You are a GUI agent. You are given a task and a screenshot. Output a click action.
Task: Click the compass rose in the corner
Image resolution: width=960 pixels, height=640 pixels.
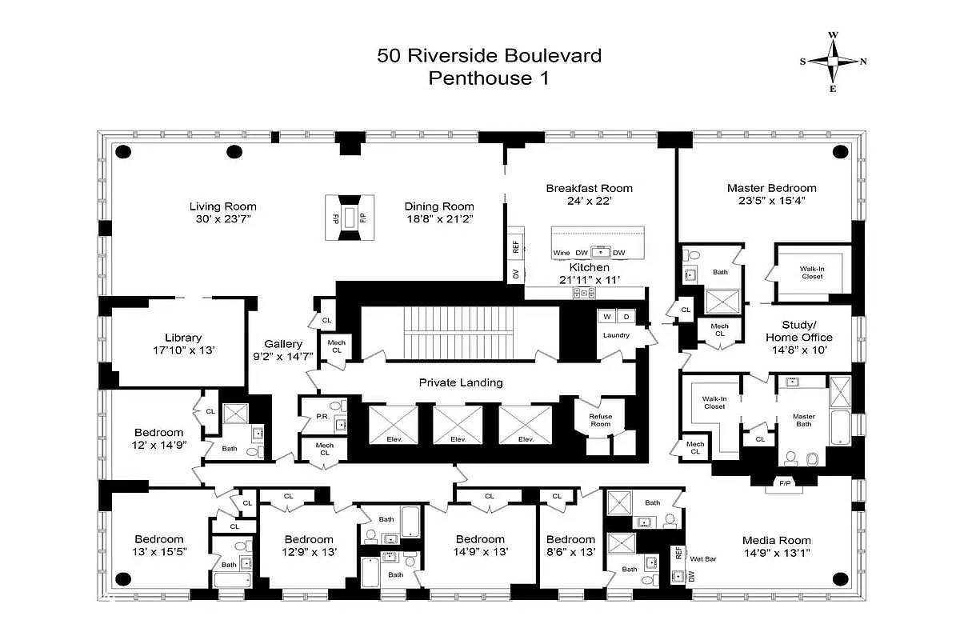(x=833, y=62)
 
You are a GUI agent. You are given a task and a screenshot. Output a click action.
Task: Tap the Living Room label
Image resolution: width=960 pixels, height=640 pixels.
(x=222, y=206)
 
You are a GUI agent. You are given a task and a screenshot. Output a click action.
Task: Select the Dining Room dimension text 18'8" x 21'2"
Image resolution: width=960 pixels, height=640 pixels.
(x=438, y=218)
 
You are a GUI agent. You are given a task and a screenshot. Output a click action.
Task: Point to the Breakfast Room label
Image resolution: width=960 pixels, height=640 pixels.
(x=589, y=188)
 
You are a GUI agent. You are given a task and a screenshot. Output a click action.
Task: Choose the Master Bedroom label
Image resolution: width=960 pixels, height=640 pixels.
(x=771, y=188)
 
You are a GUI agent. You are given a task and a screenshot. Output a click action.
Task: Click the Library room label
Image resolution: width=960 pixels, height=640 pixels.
(x=183, y=338)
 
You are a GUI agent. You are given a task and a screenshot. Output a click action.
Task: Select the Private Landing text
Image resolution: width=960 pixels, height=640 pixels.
(x=461, y=382)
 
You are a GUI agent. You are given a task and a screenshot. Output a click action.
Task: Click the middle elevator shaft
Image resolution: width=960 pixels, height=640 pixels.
(x=458, y=423)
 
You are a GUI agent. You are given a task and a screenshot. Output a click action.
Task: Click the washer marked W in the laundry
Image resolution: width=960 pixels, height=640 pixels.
(x=607, y=316)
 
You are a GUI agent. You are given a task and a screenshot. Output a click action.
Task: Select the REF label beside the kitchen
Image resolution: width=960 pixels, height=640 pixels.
(x=515, y=246)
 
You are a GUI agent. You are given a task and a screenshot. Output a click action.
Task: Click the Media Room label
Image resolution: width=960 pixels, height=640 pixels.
(x=776, y=540)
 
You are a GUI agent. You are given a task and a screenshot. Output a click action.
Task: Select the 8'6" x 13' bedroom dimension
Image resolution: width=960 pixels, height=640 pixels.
(x=570, y=552)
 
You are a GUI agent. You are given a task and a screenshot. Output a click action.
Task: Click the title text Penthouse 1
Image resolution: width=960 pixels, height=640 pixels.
(x=489, y=78)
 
